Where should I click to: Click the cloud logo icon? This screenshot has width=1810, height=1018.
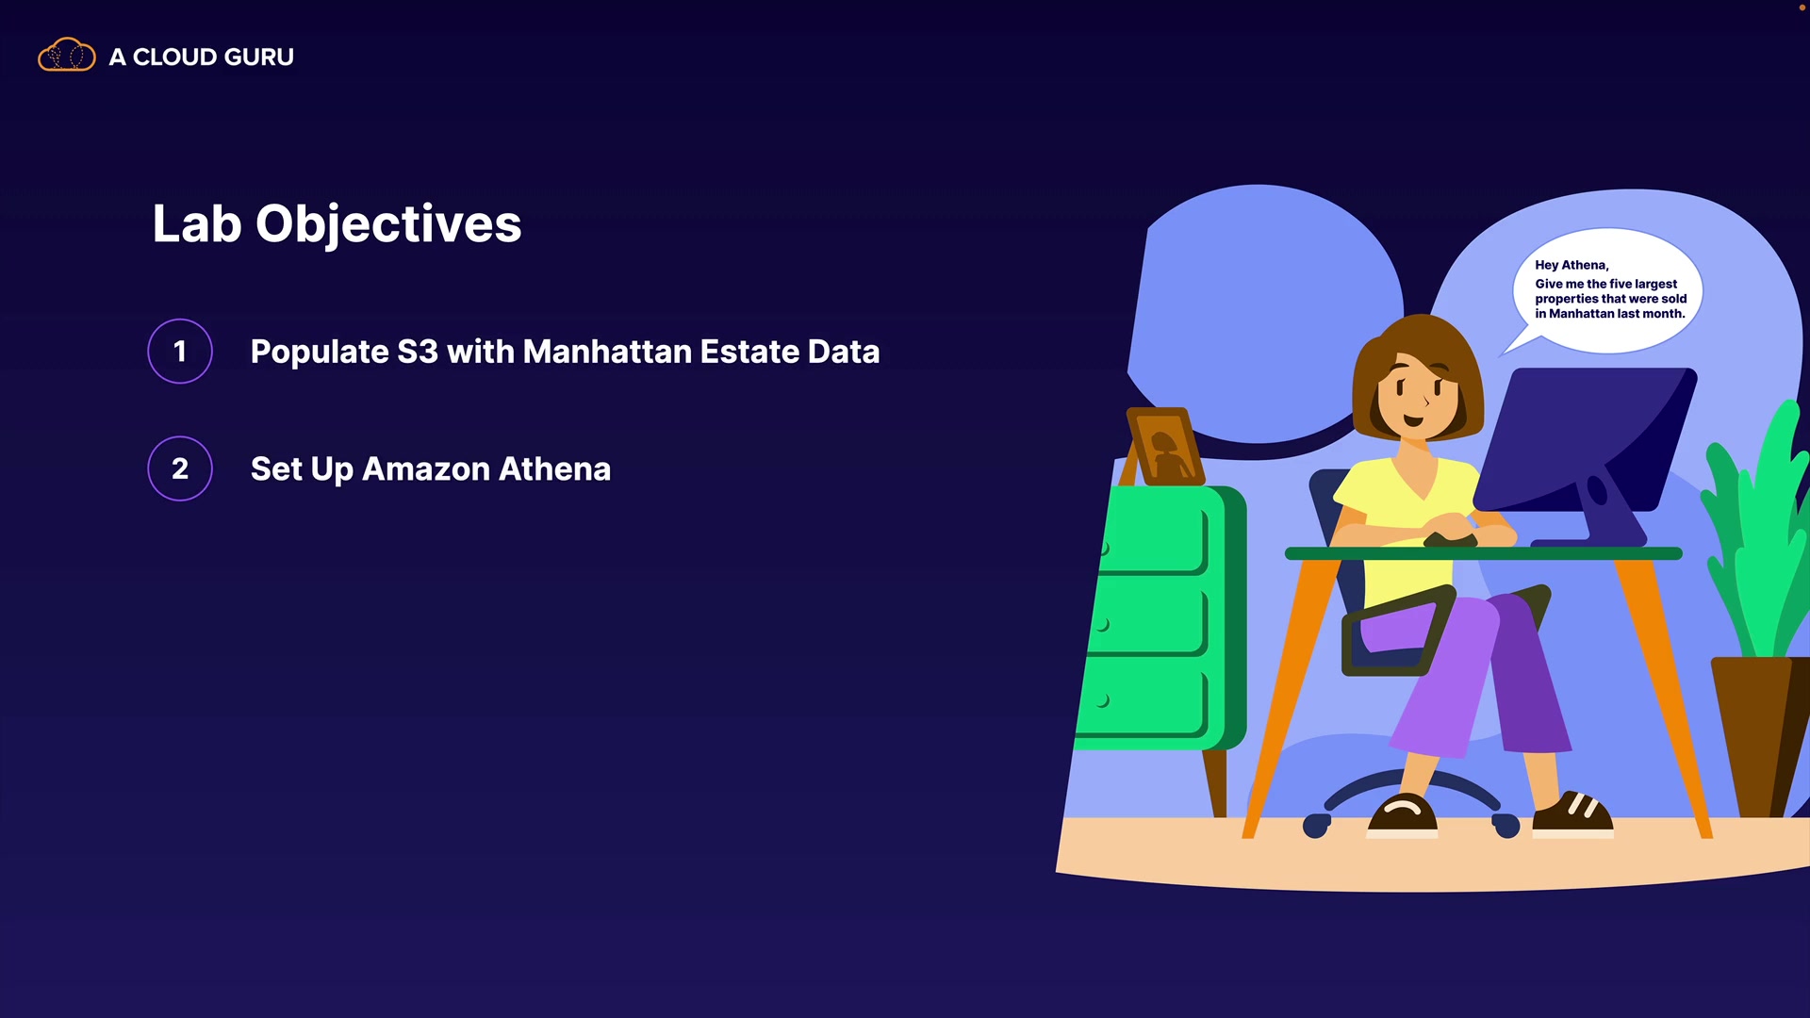tap(66, 55)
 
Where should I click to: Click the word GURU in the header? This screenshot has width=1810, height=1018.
tap(254, 57)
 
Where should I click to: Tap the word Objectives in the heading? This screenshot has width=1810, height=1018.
tap(388, 225)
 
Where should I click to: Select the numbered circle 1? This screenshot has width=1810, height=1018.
tap(180, 352)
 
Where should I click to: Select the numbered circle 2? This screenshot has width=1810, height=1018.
tap(180, 468)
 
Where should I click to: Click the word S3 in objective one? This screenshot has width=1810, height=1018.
tap(418, 352)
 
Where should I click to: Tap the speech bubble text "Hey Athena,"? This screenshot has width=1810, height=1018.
tap(1571, 265)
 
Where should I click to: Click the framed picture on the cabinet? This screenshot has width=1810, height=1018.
tap(1165, 446)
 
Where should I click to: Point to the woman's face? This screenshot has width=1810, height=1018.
tap(1415, 396)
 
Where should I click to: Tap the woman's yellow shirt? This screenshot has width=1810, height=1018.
tap(1405, 524)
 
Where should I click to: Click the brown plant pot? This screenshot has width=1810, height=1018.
tap(1759, 735)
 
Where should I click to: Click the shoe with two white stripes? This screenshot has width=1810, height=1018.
tap(1571, 814)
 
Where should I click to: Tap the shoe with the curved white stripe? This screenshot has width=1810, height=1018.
tap(1402, 816)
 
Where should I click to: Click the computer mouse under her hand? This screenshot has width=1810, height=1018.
tap(1449, 539)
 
